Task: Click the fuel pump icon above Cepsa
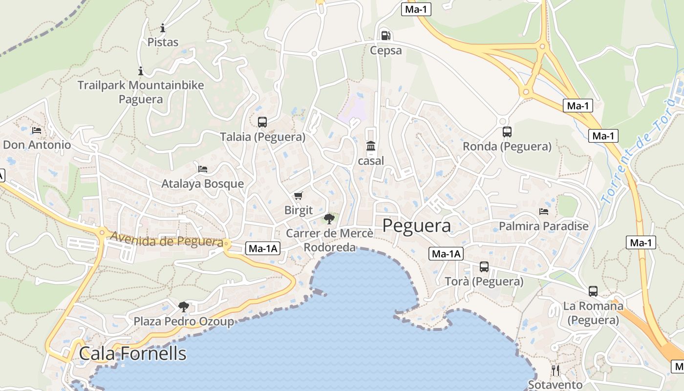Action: tap(385, 35)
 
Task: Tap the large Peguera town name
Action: tap(416, 225)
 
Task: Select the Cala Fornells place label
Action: tap(132, 353)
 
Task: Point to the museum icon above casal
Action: tap(371, 146)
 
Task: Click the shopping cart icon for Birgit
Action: tap(298, 196)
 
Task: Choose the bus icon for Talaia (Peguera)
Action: tap(262, 122)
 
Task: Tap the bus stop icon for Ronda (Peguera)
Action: tap(507, 131)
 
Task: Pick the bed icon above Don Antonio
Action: tap(37, 130)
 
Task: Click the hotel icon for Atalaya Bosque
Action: tap(203, 169)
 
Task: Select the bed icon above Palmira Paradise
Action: tap(544, 212)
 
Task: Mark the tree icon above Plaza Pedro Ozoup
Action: tap(184, 306)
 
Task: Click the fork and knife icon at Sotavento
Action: tap(556, 370)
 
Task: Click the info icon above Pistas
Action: tap(163, 28)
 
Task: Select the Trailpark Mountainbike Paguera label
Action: tap(141, 92)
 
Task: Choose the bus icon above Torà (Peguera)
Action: tap(484, 267)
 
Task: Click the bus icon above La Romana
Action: tap(593, 291)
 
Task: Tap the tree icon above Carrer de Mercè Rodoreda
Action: tap(329, 218)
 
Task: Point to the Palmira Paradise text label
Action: tap(543, 226)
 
